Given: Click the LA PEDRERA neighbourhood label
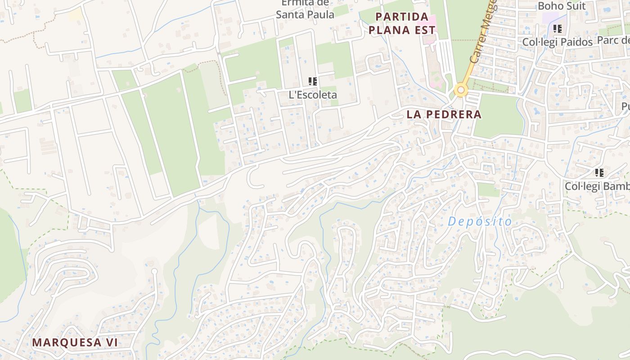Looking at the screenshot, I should click(444, 114).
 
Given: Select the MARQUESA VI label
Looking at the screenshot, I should click(75, 342).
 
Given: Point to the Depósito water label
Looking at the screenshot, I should click(480, 222).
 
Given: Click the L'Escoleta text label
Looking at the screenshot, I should click(313, 95).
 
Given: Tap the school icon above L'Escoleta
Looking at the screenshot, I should click(313, 81).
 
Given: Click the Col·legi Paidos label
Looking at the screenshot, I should click(558, 42).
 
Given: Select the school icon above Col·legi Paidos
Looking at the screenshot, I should click(558, 29).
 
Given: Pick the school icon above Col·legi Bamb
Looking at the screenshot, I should click(599, 173).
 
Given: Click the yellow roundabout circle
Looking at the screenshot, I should click(461, 90).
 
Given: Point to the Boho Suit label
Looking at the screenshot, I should click(562, 6).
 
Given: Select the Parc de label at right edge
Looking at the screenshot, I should click(613, 40).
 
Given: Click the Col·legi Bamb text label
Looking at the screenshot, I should click(597, 186).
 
